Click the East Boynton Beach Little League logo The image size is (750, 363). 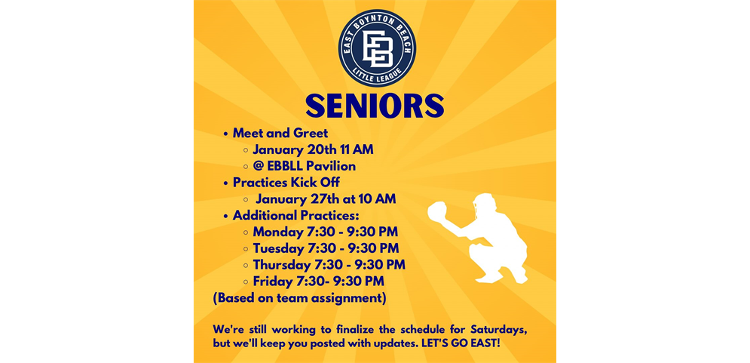click(377, 48)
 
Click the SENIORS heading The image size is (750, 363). click(375, 106)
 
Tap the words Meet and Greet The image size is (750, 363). click(280, 133)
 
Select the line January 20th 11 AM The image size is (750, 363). click(314, 150)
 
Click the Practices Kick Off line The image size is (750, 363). click(286, 183)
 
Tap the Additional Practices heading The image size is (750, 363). click(296, 216)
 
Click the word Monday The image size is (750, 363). click(278, 232)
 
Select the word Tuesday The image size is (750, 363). click(278, 248)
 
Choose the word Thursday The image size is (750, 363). click(282, 265)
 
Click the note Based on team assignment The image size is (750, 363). click(299, 298)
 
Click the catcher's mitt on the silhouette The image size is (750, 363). click(437, 212)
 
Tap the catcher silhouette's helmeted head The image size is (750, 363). click(484, 206)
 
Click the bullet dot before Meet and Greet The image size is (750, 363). click(226, 134)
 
